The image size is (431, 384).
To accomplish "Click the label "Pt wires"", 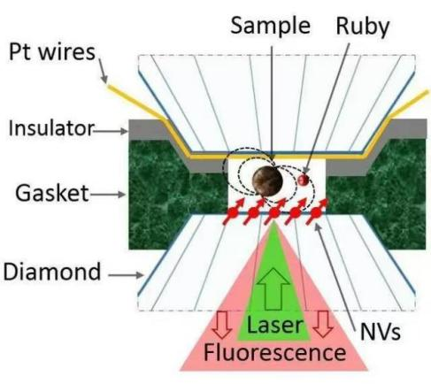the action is [52, 52].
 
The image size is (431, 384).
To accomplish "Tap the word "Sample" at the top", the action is [270, 27].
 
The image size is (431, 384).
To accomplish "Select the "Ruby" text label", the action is [363, 27].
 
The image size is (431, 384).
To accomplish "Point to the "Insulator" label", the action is [51, 128].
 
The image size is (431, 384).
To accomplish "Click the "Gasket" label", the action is [52, 193].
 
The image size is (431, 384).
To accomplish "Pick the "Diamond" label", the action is [52, 272].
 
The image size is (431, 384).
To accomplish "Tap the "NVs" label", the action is [381, 332].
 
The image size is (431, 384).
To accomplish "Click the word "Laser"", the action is [274, 325].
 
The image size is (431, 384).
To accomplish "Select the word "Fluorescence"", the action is [274, 352].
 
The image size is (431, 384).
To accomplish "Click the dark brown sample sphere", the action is [267, 180].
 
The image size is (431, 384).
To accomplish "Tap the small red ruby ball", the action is [303, 180].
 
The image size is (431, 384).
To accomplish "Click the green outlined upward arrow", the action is [273, 289].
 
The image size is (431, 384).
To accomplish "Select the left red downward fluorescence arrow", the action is [222, 324].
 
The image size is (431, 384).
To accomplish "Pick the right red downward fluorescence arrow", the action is [323, 324].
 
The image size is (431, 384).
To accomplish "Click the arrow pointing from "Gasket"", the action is [107, 195].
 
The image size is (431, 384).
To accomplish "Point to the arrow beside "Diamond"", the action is [126, 275].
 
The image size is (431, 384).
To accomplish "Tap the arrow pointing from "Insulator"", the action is [111, 131].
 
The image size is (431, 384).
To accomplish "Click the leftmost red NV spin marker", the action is [233, 212].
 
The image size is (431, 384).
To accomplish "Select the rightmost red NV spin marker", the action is [317, 211].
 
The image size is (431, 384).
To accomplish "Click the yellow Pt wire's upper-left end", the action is [109, 86].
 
